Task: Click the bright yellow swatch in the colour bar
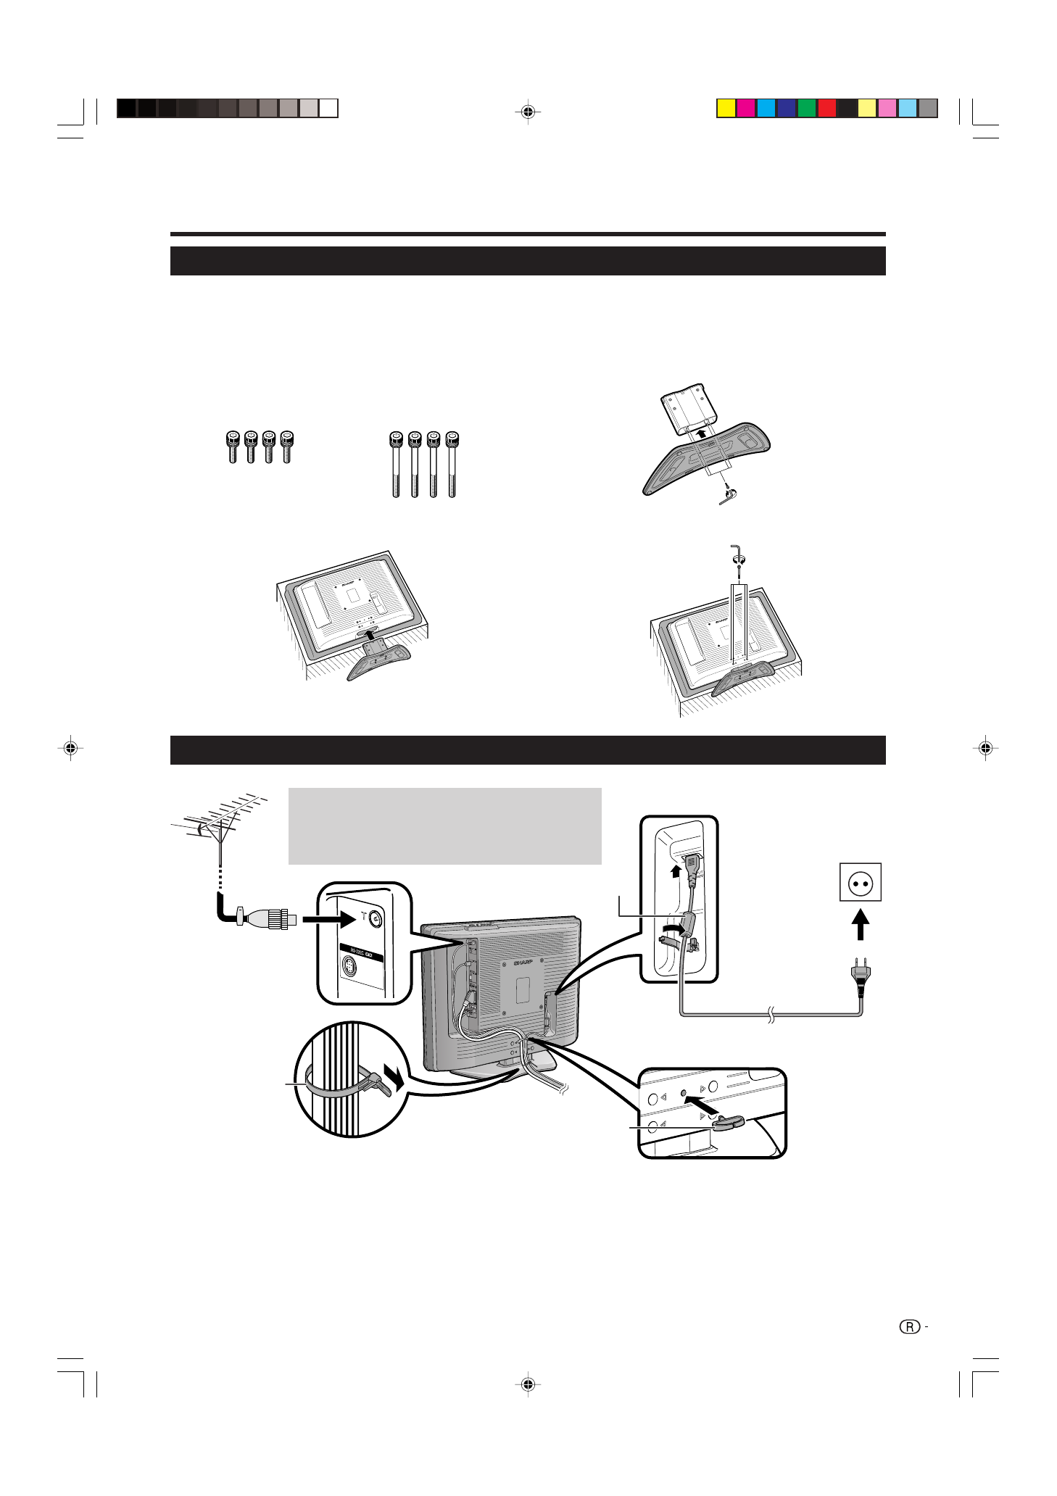click(726, 108)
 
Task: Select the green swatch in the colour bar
click(807, 108)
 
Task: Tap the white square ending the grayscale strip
click(328, 108)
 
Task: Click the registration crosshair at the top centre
click(528, 112)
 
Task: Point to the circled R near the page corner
click(909, 1327)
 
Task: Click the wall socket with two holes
click(860, 882)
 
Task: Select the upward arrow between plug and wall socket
click(860, 925)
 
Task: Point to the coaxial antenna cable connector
click(267, 919)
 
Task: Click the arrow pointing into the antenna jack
click(328, 919)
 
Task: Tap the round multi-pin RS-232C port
click(350, 967)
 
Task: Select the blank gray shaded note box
click(444, 826)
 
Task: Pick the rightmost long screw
click(452, 464)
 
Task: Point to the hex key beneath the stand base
click(727, 496)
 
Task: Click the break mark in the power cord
click(771, 1015)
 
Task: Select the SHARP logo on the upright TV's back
click(522, 963)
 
